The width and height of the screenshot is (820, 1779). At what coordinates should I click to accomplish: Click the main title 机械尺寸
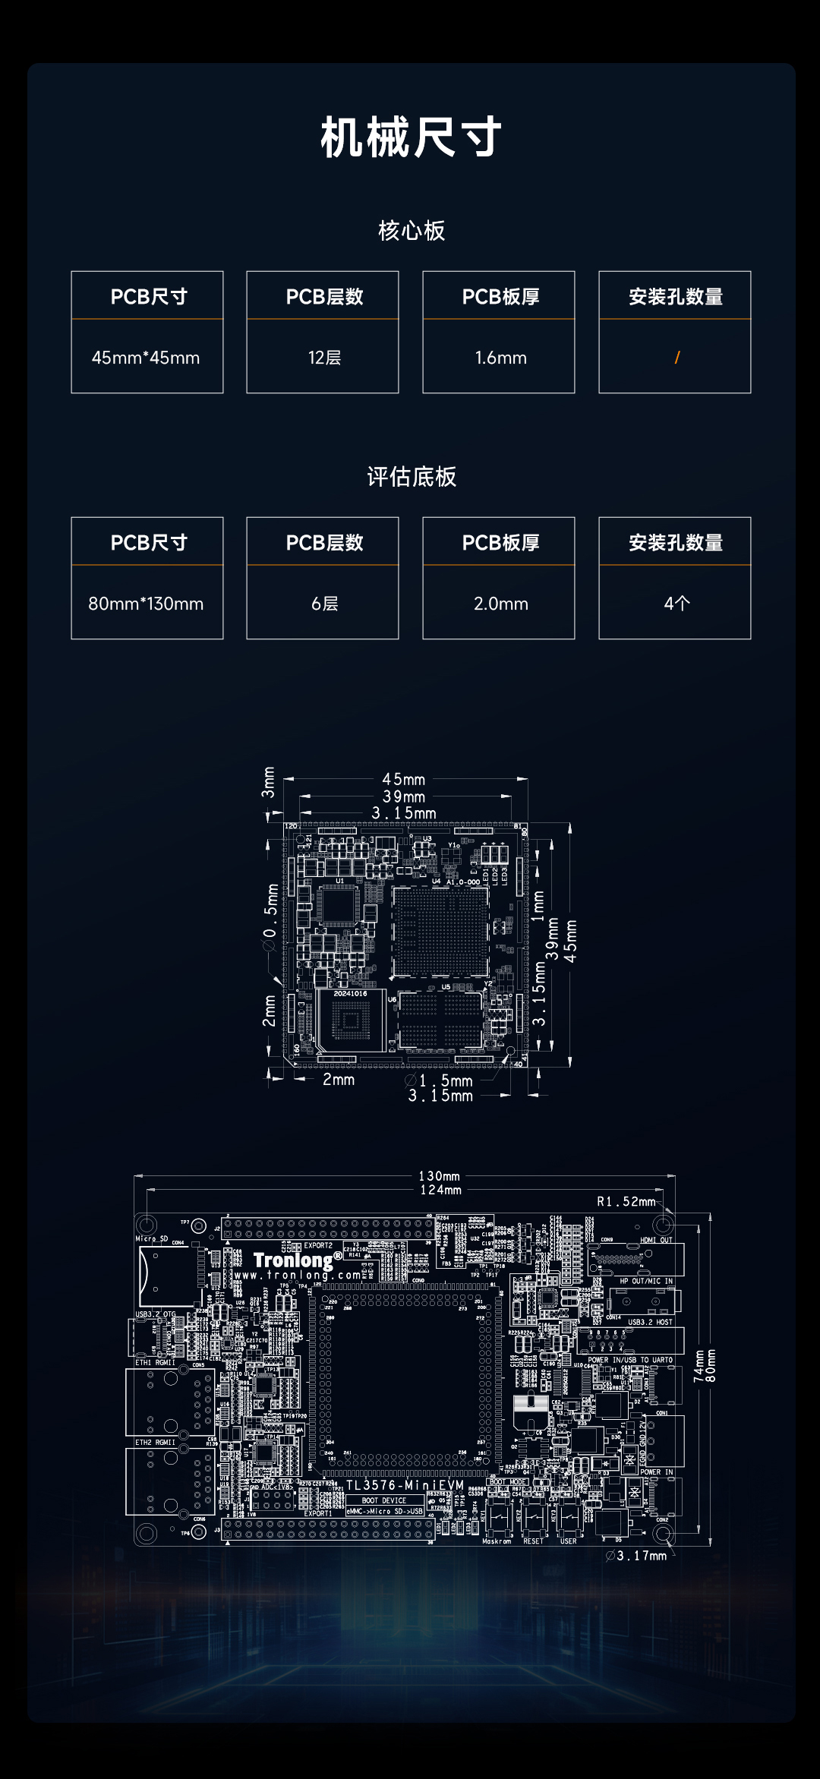click(411, 137)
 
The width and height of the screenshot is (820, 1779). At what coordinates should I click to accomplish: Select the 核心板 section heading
click(412, 231)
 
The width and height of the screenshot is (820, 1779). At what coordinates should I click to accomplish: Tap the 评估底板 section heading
click(412, 477)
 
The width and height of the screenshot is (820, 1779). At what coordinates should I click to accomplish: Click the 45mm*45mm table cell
click(146, 358)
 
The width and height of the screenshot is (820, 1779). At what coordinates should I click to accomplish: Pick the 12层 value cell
click(324, 358)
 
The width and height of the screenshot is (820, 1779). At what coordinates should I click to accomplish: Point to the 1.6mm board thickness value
click(500, 358)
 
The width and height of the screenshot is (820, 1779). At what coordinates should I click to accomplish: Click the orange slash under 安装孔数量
click(676, 358)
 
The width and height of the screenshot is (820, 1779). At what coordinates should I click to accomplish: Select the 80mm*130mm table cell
click(146, 604)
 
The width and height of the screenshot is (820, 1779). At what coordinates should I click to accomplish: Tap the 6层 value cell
click(324, 604)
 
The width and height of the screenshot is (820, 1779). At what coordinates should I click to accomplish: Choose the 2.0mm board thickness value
click(500, 604)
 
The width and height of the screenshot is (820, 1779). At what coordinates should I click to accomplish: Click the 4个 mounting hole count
click(676, 604)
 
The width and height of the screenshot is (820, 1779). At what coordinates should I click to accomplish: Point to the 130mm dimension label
click(439, 1176)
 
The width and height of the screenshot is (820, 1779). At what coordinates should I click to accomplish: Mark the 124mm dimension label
click(440, 1190)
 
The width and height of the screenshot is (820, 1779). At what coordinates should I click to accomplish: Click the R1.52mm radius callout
click(626, 1201)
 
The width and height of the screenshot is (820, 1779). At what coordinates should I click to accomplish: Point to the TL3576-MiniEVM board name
click(405, 1485)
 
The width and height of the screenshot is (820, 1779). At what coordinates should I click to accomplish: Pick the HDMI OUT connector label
click(656, 1240)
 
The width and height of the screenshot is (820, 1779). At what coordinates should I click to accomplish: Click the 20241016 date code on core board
click(350, 993)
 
